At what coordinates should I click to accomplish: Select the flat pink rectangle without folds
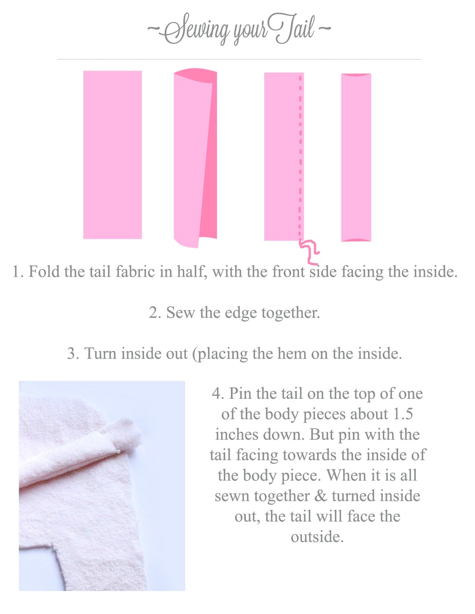click(x=113, y=155)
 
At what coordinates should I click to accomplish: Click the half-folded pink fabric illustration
click(x=195, y=158)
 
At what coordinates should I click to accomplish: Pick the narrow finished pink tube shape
click(x=356, y=158)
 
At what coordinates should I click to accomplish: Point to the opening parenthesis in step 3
click(x=195, y=354)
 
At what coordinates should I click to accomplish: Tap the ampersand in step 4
click(x=321, y=496)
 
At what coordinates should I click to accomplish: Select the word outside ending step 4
click(x=317, y=537)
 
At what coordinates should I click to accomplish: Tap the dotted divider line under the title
click(x=239, y=59)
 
